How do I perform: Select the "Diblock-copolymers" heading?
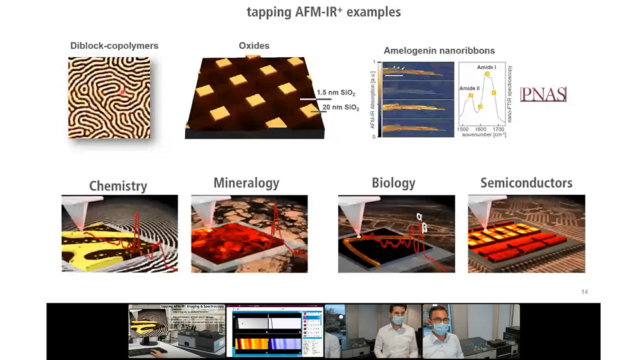[114, 46]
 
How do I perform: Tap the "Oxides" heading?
[254, 46]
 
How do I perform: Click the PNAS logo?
[543, 94]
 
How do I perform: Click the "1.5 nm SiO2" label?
[336, 93]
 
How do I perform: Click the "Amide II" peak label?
[469, 88]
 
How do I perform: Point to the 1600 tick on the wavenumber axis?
[480, 129]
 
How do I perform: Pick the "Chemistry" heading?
[118, 186]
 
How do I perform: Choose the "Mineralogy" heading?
[246, 183]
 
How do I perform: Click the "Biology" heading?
[394, 183]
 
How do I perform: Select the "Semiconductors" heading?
[526, 183]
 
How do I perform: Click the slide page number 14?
[584, 292]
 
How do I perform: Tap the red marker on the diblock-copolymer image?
[122, 93]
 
